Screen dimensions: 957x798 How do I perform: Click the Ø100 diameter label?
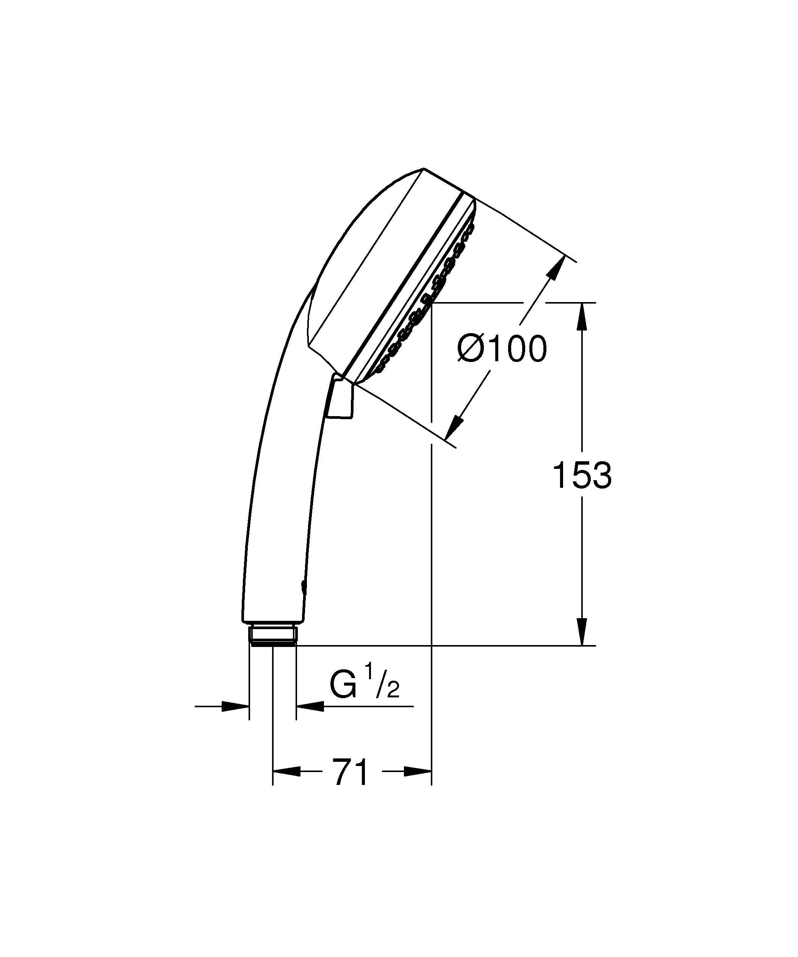(502, 349)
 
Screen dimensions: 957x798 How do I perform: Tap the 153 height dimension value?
(582, 475)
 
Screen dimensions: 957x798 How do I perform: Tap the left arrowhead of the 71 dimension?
(287, 772)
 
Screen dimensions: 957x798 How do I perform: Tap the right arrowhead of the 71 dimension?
(417, 772)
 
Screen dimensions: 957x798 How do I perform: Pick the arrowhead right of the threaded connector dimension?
(310, 707)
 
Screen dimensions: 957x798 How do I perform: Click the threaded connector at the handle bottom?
(273, 636)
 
